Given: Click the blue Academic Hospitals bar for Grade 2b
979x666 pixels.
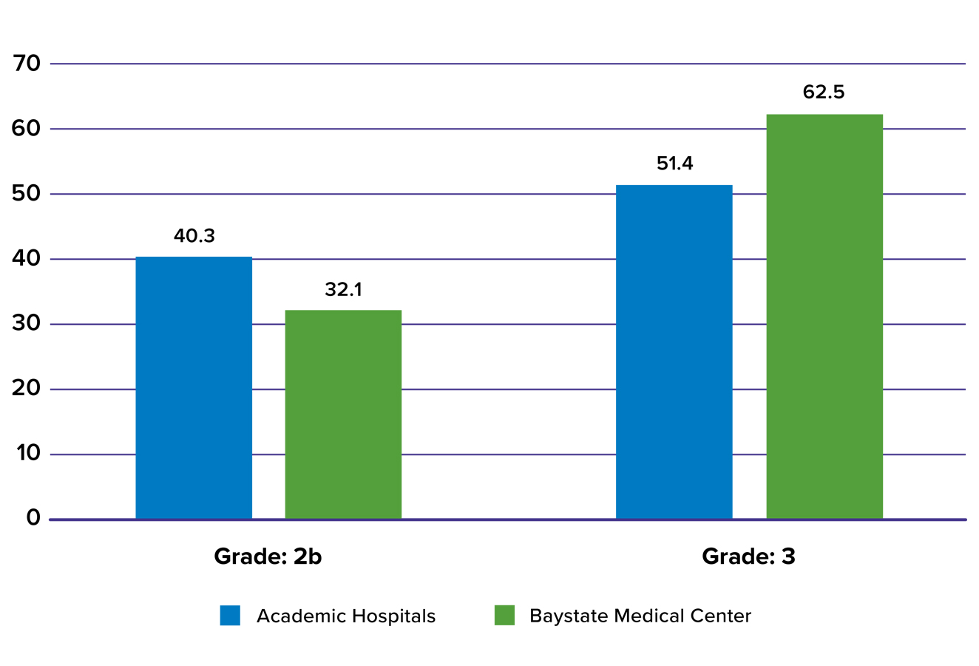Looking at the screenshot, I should coord(194,388).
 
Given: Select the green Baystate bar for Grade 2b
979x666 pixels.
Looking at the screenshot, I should coord(343,414).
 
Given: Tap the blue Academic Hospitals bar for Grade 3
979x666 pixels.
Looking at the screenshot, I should coord(674,352).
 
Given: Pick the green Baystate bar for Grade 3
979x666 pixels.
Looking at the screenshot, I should coord(824,317).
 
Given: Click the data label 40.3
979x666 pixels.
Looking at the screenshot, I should coord(194,236).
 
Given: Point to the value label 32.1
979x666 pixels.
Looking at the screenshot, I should coord(343,289).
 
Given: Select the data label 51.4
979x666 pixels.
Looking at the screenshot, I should coord(674,164).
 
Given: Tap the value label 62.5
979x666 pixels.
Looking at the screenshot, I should coord(824,92).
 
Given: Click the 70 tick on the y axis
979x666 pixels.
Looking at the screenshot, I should coord(27,64).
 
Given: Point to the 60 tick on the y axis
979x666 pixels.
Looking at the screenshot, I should coord(27,129).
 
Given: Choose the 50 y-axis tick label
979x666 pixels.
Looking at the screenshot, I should coord(27,194).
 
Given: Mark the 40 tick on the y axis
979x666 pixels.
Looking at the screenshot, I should coord(27,259).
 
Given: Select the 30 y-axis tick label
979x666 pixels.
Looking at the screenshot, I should coord(27,324).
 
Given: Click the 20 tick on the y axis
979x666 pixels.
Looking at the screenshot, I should coord(27,388).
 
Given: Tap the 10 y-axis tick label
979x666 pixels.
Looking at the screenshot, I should coord(27,454).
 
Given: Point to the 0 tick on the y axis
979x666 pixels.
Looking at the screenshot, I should coord(33,518).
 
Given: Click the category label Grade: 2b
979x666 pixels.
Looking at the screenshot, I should coord(268,556).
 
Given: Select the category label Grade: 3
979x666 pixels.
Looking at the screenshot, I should coord(748,556).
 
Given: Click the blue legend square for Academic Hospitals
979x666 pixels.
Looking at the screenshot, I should coord(230,616).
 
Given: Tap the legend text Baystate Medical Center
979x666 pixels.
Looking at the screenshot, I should coord(640,616).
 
